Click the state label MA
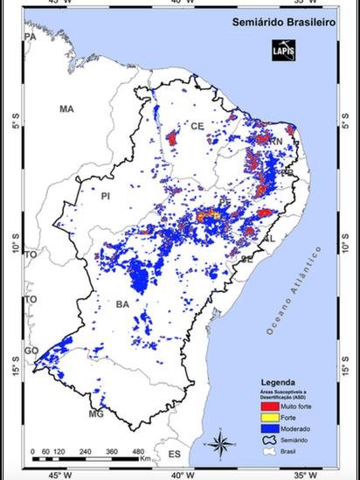(66, 109)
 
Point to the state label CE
(197, 127)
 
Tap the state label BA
(122, 303)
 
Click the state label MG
(95, 414)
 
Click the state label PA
(30, 38)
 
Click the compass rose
(223, 442)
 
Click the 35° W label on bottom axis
(301, 474)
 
